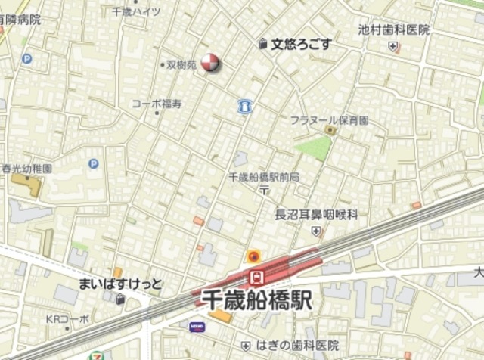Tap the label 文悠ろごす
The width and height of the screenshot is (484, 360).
click(x=301, y=43)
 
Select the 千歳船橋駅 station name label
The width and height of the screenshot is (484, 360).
click(x=257, y=300)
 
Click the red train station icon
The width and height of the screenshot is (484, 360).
click(x=256, y=276)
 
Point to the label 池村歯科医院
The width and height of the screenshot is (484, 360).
click(x=394, y=30)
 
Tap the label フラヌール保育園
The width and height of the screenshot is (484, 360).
click(x=330, y=119)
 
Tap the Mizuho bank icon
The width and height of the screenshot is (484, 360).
click(x=196, y=327)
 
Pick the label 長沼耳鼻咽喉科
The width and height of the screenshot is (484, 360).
click(x=316, y=215)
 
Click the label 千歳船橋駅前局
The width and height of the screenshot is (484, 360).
click(x=263, y=176)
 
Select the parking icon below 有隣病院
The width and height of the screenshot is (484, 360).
click(x=27, y=57)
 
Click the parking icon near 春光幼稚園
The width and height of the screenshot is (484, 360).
click(x=93, y=163)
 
